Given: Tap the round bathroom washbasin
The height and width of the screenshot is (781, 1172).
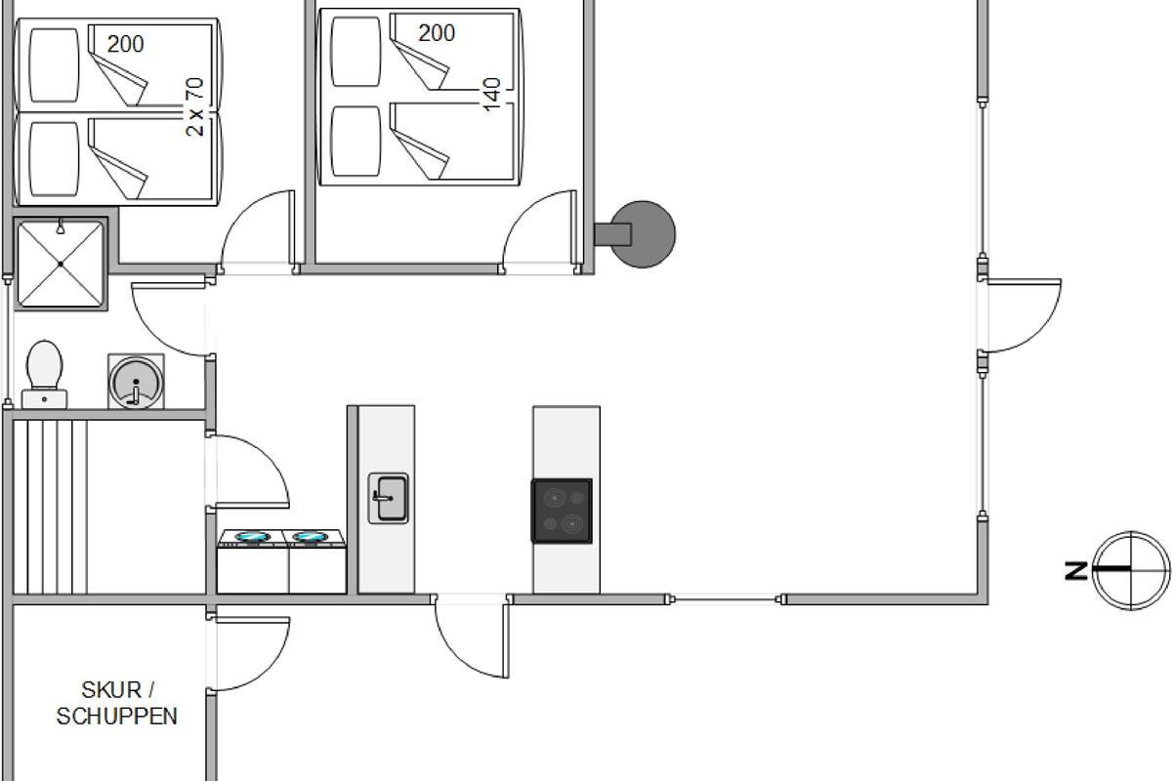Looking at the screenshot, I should click(136, 381).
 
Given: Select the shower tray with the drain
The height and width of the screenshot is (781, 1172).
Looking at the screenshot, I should click(61, 264).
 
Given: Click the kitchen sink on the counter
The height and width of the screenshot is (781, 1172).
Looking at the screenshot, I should click(388, 498).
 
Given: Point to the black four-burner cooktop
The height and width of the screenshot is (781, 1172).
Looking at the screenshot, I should click(562, 511).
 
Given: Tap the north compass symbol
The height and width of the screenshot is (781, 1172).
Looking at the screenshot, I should click(1131, 570).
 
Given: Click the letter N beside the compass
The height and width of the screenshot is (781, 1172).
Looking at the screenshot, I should click(1076, 570).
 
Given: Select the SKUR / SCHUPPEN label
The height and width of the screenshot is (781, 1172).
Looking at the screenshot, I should click(117, 704).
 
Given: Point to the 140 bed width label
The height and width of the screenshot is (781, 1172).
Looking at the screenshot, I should click(492, 94).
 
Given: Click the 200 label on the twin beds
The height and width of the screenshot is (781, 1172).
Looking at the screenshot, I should click(125, 44).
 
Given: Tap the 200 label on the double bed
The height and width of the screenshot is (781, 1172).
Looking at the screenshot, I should click(437, 33).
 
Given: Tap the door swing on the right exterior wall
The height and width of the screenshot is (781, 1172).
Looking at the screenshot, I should click(1022, 314).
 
